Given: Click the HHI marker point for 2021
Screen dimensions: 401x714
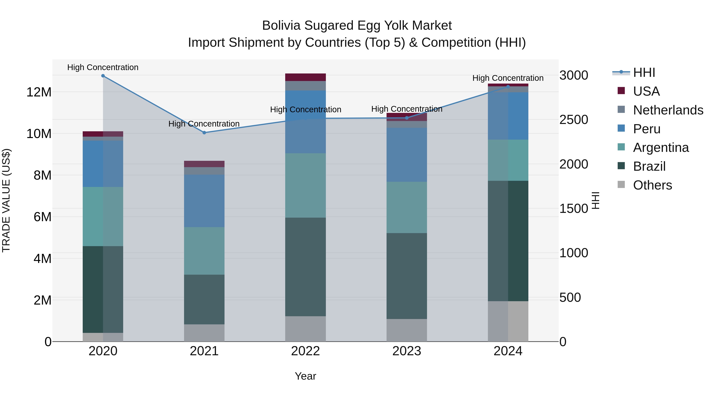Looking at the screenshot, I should point(204,132).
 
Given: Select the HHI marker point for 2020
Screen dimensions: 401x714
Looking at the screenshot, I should point(103,76).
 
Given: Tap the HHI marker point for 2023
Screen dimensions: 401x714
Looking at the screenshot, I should point(407,118).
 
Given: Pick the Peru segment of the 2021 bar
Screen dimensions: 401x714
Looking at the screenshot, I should point(204,201).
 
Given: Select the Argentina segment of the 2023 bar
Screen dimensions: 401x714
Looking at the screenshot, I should point(407,207).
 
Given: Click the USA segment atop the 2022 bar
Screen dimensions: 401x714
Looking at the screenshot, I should point(305,77).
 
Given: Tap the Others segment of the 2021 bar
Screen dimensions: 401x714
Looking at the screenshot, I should point(204,333).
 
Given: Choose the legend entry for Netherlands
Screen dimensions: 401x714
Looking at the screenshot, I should point(668,110).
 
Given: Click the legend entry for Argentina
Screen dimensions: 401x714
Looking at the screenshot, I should point(661,148).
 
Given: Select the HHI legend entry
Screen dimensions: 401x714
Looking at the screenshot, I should point(644,72).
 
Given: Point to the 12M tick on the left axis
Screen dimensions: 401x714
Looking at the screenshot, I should point(39,92).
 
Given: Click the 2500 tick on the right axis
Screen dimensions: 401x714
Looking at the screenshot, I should point(573,120).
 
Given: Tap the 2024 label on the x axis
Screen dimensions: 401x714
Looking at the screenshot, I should point(508,351).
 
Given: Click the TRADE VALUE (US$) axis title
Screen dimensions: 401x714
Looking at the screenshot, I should point(6,200).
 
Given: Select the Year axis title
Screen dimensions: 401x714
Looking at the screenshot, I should point(305,376).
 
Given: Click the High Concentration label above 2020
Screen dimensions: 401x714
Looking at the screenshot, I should point(103,67).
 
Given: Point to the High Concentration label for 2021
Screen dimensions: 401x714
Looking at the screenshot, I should point(204,124).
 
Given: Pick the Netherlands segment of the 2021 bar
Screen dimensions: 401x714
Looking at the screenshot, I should point(204,171).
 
